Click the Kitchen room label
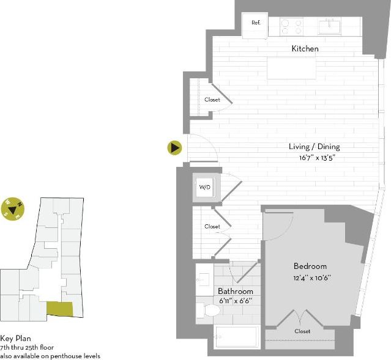[305, 48]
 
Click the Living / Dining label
[314, 147]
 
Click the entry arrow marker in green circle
[175, 147]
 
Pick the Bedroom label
[310, 266]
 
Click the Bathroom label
[236, 292]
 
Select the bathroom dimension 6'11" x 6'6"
[235, 301]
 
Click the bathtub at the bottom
[236, 337]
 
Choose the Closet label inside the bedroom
[302, 331]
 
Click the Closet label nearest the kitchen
[212, 100]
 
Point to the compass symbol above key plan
[12, 209]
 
